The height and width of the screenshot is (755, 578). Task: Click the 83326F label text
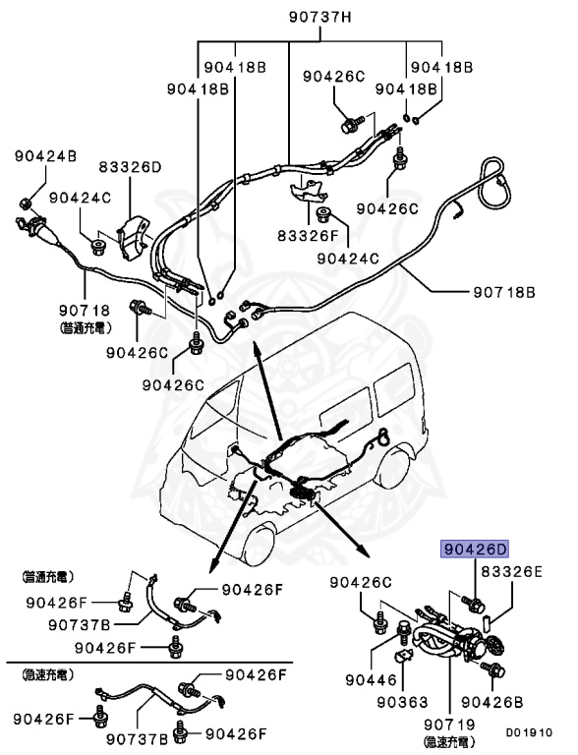coord(308,236)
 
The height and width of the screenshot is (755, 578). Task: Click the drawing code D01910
coord(529,732)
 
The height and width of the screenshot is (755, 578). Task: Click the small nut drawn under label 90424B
coord(30,203)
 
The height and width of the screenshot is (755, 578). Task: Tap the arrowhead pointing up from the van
coord(257,344)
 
